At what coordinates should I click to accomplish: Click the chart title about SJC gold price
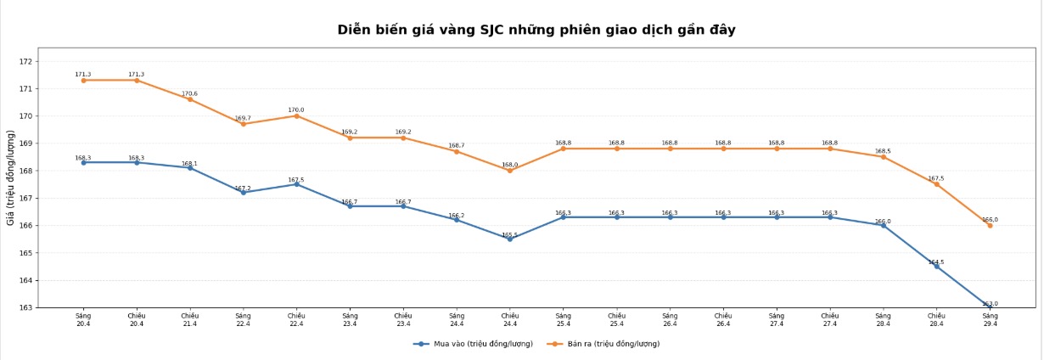[536, 30]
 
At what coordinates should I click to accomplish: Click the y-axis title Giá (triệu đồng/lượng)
[10, 177]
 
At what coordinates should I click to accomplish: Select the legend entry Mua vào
[474, 344]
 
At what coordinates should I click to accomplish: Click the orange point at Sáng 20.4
[83, 80]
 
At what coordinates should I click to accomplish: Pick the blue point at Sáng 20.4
[83, 162]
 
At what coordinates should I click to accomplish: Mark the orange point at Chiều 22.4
[296, 115]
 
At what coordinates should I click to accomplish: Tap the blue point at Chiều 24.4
[510, 239]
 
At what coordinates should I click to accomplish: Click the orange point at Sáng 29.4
[990, 225]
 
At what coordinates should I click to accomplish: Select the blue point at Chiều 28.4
[936, 266]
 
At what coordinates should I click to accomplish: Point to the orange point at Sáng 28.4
[883, 157]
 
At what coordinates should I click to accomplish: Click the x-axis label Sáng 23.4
[350, 319]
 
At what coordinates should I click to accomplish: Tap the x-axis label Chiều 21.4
[190, 319]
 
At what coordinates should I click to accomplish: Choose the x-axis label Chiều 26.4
[723, 319]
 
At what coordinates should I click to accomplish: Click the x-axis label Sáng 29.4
[990, 319]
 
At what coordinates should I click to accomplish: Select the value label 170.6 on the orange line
[189, 93]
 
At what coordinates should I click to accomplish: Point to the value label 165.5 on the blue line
[509, 234]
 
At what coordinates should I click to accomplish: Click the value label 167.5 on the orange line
[936, 178]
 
